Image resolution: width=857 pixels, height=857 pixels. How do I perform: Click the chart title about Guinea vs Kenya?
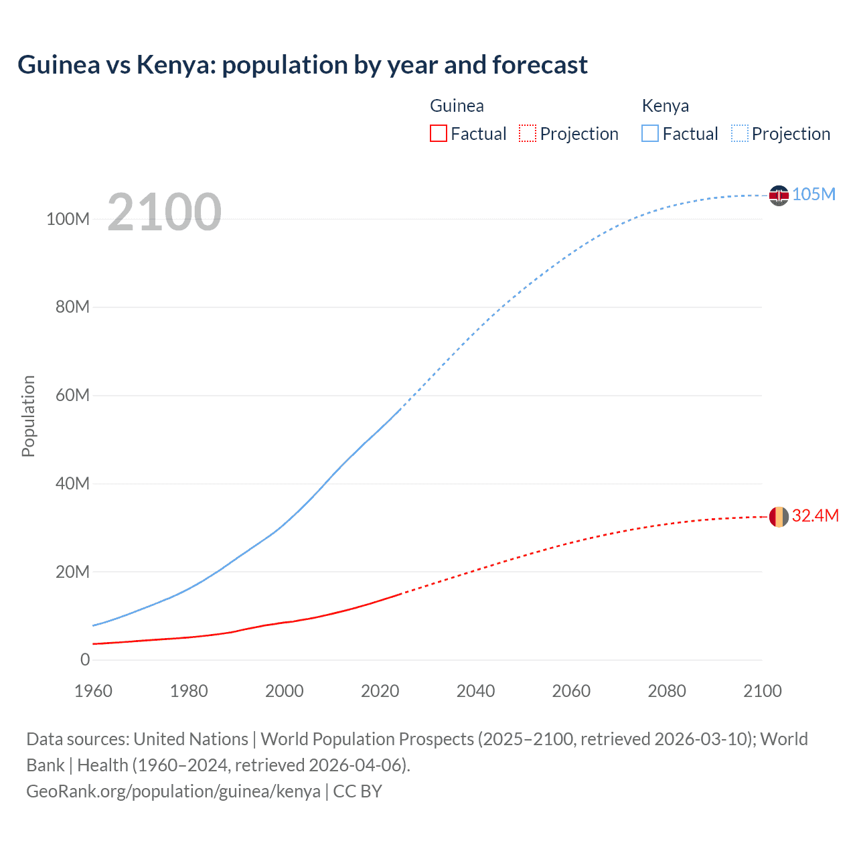click(303, 65)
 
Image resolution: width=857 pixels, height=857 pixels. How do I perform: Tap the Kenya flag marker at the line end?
click(779, 196)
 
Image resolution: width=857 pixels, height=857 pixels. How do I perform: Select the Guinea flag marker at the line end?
click(779, 517)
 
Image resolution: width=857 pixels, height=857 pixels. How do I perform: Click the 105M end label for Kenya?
click(813, 194)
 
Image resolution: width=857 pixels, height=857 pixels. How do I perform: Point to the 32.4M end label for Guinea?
click(815, 516)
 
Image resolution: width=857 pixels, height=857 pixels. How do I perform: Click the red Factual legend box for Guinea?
click(439, 133)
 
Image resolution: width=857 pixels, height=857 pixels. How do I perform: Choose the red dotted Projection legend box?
click(528, 133)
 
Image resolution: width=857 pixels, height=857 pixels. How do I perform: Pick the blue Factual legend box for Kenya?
click(650, 133)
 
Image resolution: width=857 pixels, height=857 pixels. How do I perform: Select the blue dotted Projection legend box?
click(740, 133)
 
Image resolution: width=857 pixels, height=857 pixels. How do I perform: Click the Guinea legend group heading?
click(457, 106)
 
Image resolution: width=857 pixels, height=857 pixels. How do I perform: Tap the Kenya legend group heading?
click(665, 106)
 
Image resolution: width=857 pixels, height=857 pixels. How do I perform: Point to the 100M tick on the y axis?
click(68, 219)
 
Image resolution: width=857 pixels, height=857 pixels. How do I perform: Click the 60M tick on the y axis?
click(72, 395)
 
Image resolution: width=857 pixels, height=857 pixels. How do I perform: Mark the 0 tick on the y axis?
click(85, 659)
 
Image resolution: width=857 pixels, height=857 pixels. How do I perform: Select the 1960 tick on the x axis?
click(93, 691)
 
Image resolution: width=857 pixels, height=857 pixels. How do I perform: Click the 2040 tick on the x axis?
click(475, 691)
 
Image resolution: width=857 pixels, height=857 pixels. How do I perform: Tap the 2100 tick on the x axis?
click(762, 691)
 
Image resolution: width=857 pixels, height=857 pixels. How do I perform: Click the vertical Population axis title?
click(28, 416)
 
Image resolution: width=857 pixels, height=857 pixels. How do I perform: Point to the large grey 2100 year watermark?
click(164, 212)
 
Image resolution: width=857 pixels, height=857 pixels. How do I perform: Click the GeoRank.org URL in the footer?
click(173, 791)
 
